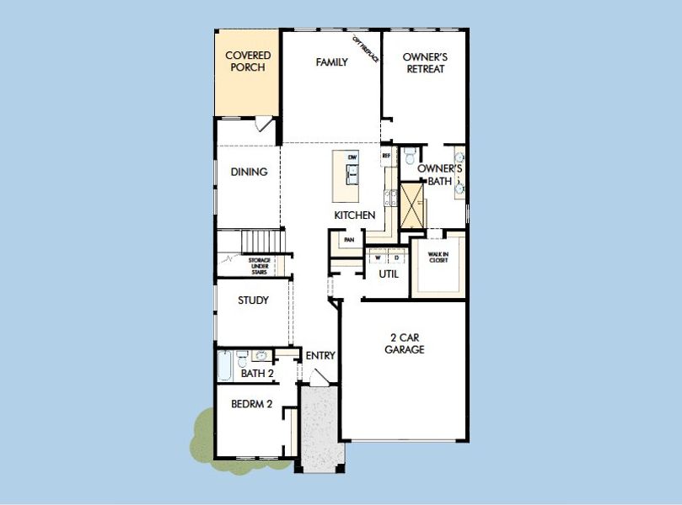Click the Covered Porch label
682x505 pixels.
click(248, 61)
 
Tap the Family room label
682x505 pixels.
click(331, 62)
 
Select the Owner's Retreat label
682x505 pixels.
click(425, 63)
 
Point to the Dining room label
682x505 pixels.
click(249, 172)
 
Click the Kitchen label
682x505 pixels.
click(354, 215)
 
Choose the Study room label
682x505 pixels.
click(252, 300)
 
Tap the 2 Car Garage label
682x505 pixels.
click(404, 344)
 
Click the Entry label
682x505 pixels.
click(320, 356)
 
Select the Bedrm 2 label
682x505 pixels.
click(251, 404)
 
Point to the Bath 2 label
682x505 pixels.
click(257, 374)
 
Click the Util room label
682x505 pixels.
click(388, 274)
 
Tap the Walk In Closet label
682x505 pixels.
click(438, 257)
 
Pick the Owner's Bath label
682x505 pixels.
click(439, 174)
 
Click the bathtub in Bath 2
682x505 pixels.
click(225, 367)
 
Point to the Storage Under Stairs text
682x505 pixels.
click(259, 266)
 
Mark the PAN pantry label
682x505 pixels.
click(348, 240)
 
